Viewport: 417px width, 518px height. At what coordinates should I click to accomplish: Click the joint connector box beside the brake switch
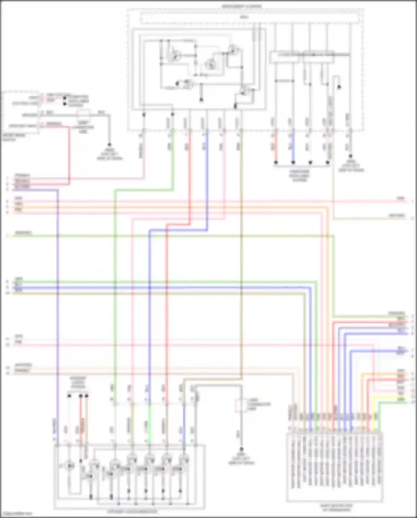click(84, 114)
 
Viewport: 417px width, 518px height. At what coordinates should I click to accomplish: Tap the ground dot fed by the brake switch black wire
click(109, 144)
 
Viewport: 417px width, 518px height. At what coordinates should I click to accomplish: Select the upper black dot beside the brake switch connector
click(65, 98)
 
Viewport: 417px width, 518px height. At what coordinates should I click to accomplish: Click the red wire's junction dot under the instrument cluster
click(276, 162)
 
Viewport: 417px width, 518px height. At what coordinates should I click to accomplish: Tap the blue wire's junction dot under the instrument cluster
click(293, 162)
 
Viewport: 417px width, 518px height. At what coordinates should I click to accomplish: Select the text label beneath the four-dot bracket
click(299, 175)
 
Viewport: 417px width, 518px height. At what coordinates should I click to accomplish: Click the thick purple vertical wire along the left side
click(58, 306)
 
